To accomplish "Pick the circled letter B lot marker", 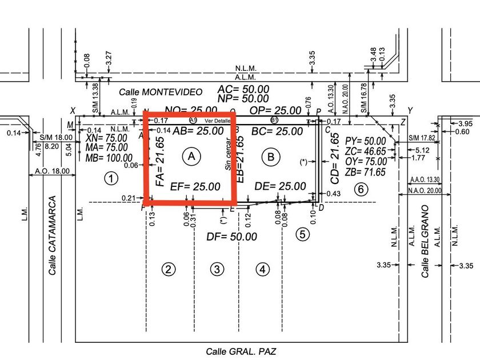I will [271, 155].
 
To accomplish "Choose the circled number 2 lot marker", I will [167, 269].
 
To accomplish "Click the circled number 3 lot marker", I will [215, 269].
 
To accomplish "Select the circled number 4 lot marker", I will [262, 269].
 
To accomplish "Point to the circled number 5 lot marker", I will [303, 234].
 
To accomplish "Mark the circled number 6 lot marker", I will [359, 189].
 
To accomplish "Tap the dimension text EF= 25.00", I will [195, 186].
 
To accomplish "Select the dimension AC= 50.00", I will [243, 89].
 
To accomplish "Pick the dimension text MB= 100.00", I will [108, 158].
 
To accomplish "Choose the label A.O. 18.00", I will [52, 170].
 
